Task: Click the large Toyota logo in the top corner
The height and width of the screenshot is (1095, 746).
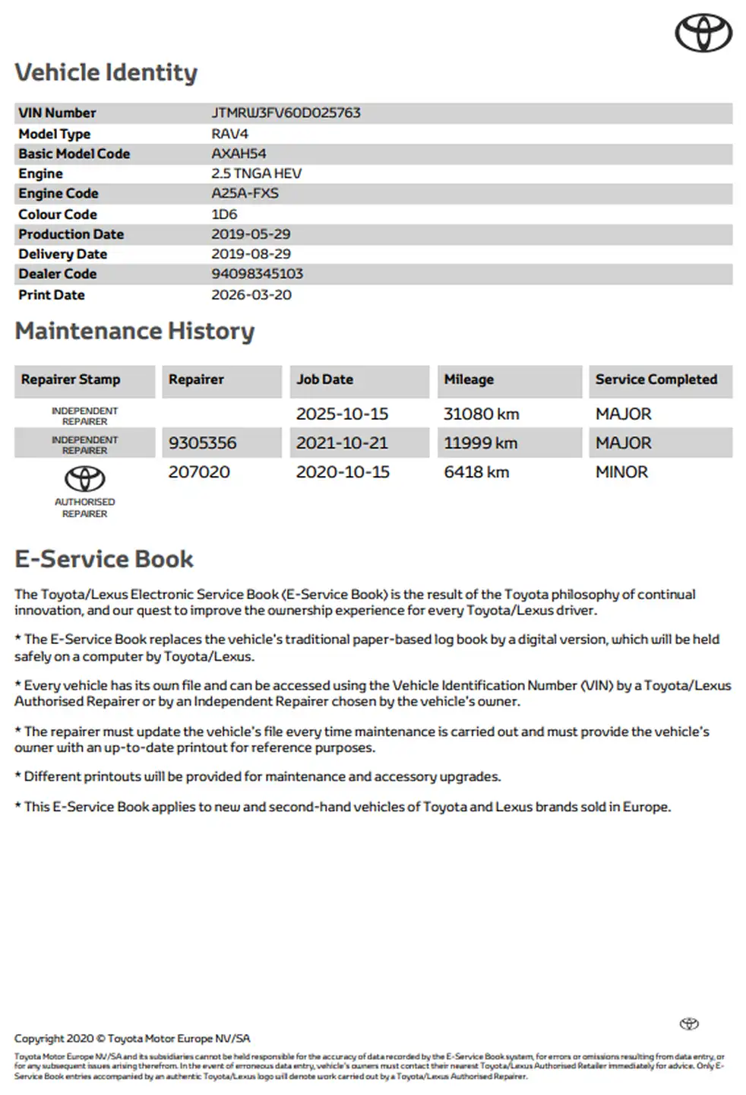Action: [x=703, y=33]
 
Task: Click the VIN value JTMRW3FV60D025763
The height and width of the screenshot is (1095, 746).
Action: [x=286, y=113]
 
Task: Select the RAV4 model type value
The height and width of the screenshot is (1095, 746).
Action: [x=229, y=134]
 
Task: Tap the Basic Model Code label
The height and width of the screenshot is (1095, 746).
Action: [x=74, y=154]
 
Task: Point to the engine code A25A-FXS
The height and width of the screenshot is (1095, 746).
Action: [x=245, y=193]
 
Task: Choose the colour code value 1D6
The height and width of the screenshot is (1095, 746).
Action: [x=224, y=214]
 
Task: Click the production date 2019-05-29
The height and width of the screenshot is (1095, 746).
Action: [x=251, y=234]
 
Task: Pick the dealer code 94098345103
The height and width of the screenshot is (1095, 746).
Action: [x=257, y=274]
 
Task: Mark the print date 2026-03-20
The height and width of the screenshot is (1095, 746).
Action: [x=251, y=295]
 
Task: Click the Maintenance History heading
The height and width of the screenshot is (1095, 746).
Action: [x=134, y=332]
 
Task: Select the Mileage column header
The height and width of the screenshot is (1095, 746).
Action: [x=469, y=379]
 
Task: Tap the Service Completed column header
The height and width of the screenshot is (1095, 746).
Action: [x=656, y=379]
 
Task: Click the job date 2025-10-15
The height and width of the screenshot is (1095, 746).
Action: [x=342, y=414]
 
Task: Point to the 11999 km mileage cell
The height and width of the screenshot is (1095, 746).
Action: [x=480, y=443]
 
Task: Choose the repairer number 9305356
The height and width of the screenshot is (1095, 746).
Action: [x=202, y=443]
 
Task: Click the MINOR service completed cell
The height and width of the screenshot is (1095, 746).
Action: [x=621, y=472]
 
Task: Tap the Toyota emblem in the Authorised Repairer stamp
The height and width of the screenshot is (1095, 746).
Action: [x=84, y=479]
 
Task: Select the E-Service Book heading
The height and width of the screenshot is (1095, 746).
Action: [x=104, y=560]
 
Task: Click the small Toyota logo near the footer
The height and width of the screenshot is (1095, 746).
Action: [x=689, y=1024]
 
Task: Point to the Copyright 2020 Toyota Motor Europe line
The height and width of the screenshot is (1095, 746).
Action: [x=132, y=1039]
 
